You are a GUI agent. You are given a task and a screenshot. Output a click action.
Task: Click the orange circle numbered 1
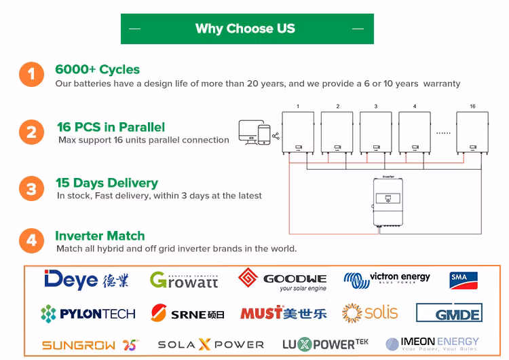tap(31, 75)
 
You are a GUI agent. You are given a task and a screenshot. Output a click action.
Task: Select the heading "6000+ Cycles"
tap(97, 69)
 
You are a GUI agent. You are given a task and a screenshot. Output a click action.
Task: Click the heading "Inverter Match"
tap(100, 236)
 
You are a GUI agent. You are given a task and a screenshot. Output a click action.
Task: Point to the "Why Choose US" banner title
tap(245, 29)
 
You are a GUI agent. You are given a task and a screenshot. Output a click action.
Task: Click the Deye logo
tap(86, 279)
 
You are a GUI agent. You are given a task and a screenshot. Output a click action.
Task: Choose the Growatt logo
tap(184, 279)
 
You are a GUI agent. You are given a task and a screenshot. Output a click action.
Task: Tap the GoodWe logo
tap(283, 279)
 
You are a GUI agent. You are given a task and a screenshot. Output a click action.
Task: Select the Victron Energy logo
tap(387, 278)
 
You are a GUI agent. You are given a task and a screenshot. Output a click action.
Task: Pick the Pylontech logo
tap(88, 313)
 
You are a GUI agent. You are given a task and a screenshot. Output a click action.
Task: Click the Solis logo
tap(370, 312)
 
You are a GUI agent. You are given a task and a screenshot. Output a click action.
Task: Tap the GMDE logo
tap(449, 313)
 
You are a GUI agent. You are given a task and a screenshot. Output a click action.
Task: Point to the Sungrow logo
tap(90, 345)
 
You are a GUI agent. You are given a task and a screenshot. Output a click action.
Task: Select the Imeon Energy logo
tap(432, 344)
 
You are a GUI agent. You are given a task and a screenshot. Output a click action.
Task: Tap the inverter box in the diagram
tap(388, 202)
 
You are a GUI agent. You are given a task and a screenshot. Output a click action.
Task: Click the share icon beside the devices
tap(276, 136)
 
